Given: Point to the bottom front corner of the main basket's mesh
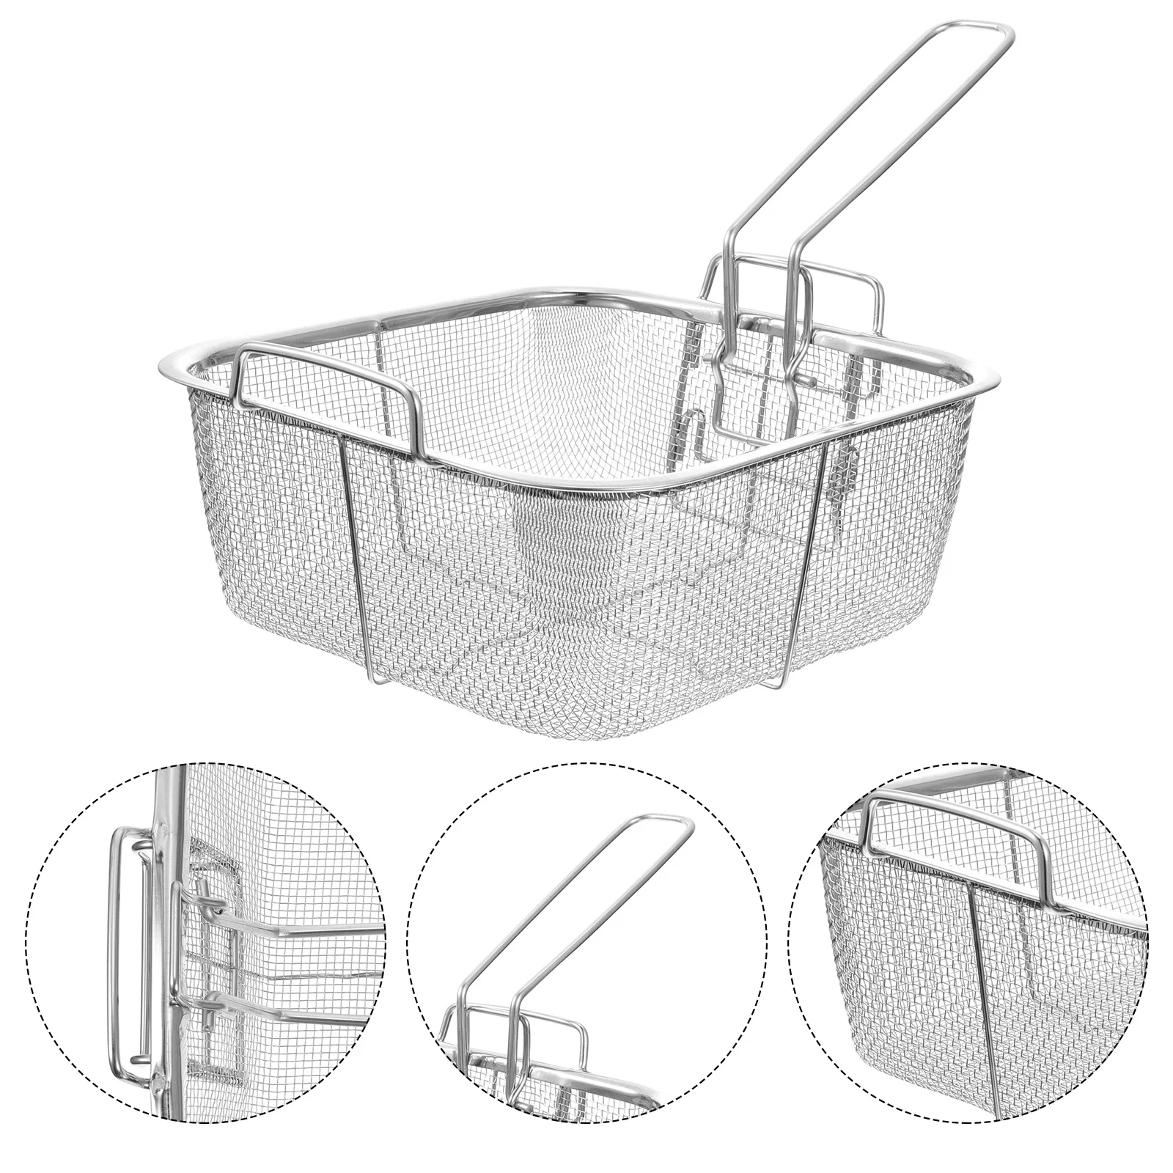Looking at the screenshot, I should pos(579,722).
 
